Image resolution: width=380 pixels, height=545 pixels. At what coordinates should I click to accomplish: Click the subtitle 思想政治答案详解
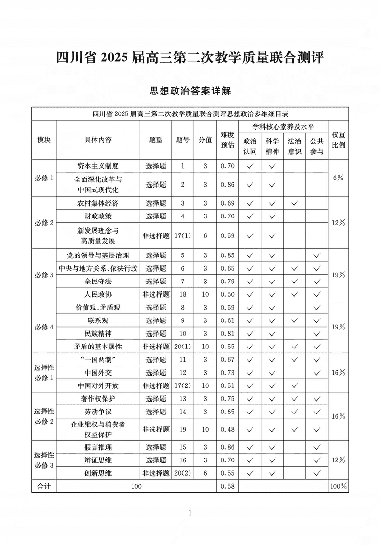tap(190, 90)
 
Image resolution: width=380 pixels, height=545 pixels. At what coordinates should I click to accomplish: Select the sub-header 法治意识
tap(294, 146)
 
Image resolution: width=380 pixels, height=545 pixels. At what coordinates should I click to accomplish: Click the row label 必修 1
tap(44, 178)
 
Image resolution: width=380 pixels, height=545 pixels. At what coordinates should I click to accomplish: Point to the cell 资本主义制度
tap(98, 166)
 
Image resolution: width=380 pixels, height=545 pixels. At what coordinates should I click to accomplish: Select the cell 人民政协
tap(98, 294)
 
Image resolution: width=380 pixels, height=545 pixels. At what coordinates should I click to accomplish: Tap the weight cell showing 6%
tap(338, 178)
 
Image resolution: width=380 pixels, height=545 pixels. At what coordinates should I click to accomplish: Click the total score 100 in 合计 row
tap(136, 486)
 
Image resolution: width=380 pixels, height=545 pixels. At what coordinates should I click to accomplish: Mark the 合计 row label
tap(44, 486)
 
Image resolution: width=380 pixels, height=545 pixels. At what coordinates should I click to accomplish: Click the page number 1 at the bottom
tap(190, 513)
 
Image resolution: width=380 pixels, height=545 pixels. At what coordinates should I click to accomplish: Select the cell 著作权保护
tap(98, 399)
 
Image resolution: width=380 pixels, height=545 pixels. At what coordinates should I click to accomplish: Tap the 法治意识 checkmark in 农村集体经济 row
tap(294, 203)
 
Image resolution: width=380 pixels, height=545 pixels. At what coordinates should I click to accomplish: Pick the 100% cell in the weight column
tap(338, 486)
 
